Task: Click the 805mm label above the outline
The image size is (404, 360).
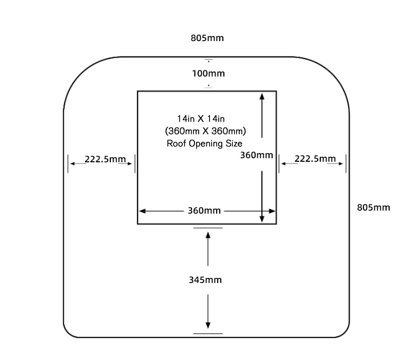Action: click(207, 38)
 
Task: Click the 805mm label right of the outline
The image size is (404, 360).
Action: click(373, 207)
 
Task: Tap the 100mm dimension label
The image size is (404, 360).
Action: click(208, 73)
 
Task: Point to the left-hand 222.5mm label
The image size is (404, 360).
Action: click(105, 159)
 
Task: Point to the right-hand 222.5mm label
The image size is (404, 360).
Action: click(315, 159)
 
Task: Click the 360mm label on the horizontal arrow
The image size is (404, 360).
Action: click(204, 211)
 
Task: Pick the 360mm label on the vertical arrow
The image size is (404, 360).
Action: click(257, 155)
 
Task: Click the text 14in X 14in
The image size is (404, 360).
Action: click(198, 118)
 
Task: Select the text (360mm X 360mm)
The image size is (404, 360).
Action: click(206, 130)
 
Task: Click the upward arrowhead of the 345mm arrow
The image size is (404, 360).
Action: click(208, 235)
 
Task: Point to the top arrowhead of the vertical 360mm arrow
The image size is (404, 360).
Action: click(262, 96)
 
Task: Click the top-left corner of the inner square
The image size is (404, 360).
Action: click(138, 91)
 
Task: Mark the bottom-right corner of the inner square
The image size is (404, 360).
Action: click(276, 224)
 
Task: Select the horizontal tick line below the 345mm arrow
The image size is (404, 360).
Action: click(208, 334)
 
